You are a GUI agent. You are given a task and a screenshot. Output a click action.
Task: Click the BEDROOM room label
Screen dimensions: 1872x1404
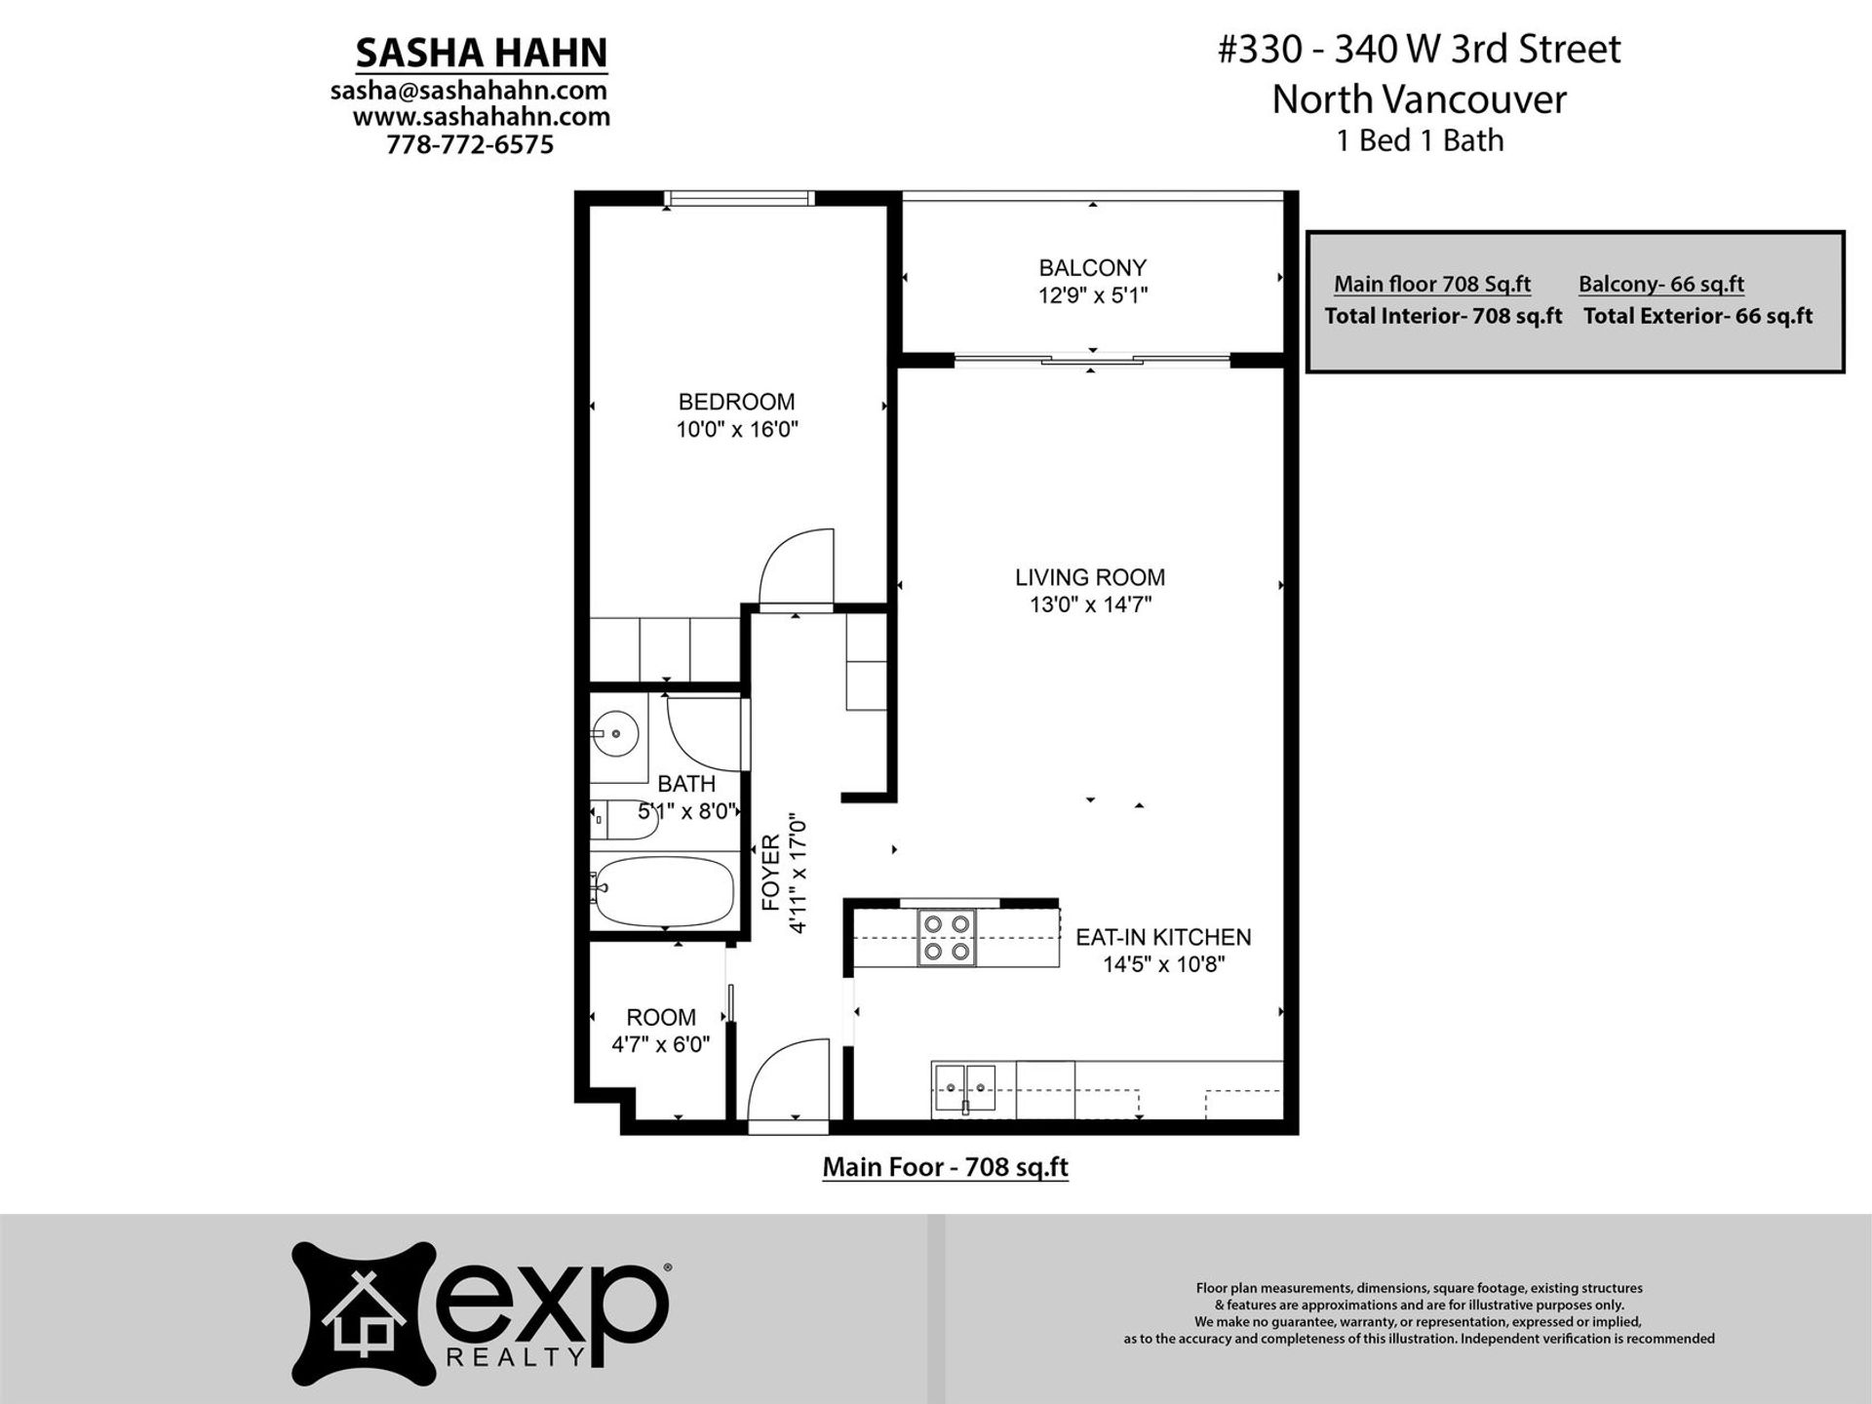point(736,402)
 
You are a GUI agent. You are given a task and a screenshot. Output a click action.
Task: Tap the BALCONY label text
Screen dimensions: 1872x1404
point(1092,267)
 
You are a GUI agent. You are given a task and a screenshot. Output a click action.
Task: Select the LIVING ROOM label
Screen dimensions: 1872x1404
point(1090,577)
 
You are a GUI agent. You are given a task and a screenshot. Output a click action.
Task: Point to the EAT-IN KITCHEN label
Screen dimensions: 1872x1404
point(1163,937)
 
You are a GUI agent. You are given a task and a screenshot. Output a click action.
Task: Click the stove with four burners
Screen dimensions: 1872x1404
point(947,937)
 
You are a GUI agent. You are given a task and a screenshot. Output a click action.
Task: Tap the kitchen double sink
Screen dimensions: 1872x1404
point(965,1089)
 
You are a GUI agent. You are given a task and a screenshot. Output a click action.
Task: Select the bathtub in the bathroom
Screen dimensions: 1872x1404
point(663,891)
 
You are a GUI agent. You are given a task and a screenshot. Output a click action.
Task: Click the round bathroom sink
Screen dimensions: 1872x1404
point(615,733)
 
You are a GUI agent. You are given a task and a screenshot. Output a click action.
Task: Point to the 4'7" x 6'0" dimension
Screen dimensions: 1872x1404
point(660,1044)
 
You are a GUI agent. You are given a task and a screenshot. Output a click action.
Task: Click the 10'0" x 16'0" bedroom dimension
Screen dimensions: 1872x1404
point(737,429)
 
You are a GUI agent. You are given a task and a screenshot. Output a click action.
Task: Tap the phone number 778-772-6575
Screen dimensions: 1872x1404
point(470,144)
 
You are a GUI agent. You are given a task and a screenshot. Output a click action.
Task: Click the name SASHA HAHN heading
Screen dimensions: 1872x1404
point(482,53)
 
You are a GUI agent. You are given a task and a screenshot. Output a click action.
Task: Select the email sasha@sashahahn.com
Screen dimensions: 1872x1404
point(469,91)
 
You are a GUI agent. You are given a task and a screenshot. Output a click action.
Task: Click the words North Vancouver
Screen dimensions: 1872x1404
point(1419,98)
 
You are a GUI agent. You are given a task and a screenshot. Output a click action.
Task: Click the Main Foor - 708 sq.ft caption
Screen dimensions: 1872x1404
point(946,1167)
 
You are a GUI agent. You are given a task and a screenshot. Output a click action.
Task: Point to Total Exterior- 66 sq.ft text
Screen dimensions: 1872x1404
point(1697,316)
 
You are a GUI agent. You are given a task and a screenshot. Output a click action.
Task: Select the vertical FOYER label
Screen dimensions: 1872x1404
point(771,873)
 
